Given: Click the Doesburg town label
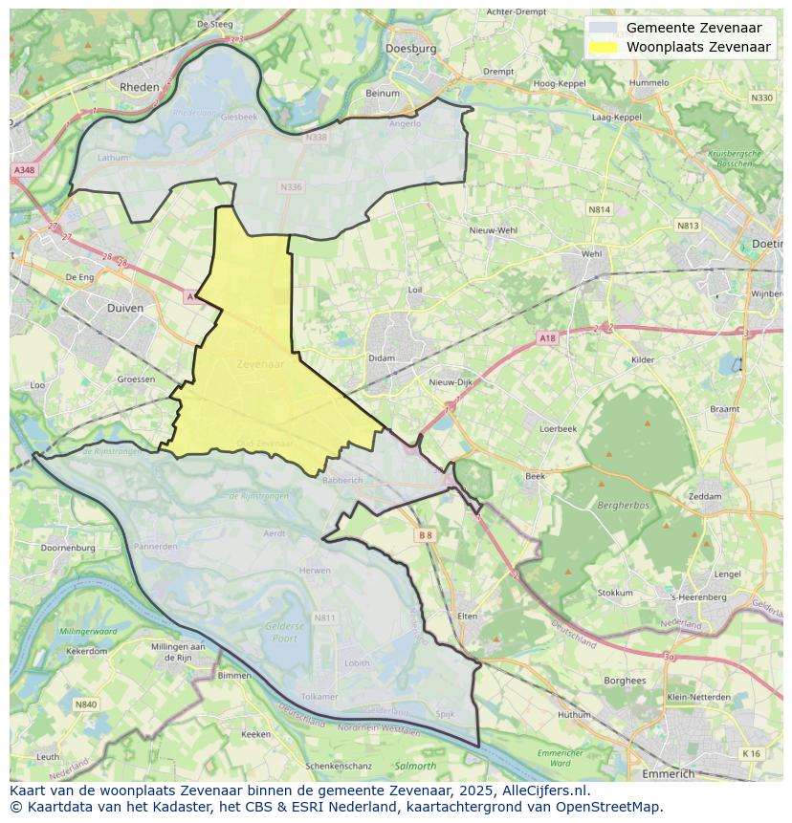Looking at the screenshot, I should click(x=410, y=48).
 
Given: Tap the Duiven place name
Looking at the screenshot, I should click(x=125, y=309).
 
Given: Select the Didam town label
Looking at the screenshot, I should click(x=382, y=358).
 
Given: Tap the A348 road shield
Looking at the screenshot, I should click(x=23, y=170).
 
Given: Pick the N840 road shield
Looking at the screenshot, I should click(x=85, y=704).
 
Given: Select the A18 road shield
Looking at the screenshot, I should click(x=546, y=338).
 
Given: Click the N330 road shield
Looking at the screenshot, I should click(x=761, y=97).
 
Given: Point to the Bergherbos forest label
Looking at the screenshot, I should click(x=623, y=504).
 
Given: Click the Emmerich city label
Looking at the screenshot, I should click(x=669, y=773).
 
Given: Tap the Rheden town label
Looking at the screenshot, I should click(x=139, y=86).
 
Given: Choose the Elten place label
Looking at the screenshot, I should click(x=467, y=617).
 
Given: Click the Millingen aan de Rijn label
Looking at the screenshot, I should click(x=179, y=652).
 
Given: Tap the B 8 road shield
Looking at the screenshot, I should click(x=426, y=535).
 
